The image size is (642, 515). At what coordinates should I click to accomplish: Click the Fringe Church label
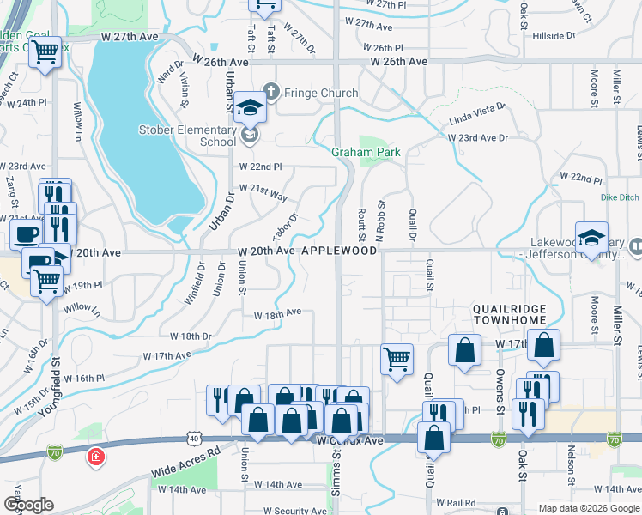tap(310, 93)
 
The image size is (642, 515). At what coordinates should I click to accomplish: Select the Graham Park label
tap(366, 152)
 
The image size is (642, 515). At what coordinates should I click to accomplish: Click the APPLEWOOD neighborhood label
tap(338, 251)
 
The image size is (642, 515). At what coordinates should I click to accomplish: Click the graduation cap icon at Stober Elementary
tap(251, 107)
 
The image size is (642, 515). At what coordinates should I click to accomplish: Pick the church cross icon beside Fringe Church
tap(271, 91)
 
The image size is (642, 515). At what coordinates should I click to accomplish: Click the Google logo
tap(29, 505)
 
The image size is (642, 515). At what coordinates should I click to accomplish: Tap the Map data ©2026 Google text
tap(589, 508)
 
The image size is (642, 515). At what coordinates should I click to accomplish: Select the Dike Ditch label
tap(620, 197)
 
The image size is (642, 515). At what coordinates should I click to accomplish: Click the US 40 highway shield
tap(193, 439)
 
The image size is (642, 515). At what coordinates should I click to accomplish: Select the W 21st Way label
tap(263, 192)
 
